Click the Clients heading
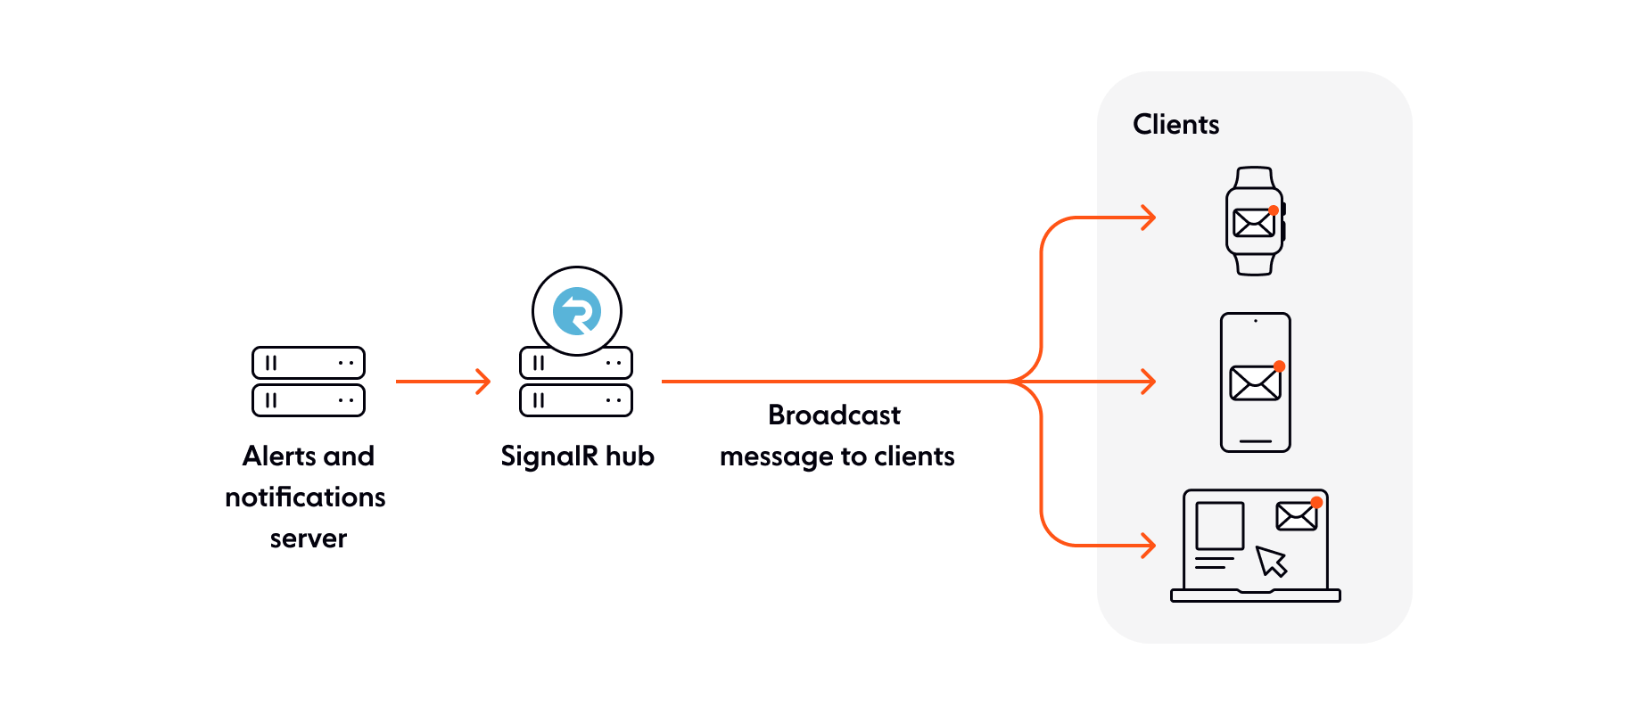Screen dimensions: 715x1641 pyautogui.click(x=1175, y=125)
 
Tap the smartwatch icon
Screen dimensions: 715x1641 pyautogui.click(x=1255, y=221)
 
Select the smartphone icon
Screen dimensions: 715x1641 pyautogui.click(x=1255, y=382)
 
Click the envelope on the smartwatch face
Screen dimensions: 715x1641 pyautogui.click(x=1253, y=223)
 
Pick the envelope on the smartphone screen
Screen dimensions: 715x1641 pyautogui.click(x=1255, y=383)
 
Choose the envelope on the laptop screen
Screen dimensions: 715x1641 pyautogui.click(x=1296, y=516)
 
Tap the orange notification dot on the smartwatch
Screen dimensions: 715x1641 pyautogui.click(x=1274, y=210)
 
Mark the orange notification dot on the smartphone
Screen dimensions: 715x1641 pyautogui.click(x=1279, y=366)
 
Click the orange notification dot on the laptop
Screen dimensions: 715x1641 pyautogui.click(x=1316, y=503)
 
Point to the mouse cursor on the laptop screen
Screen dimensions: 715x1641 pyautogui.click(x=1271, y=561)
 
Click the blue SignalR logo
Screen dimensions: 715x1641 pyautogui.click(x=577, y=311)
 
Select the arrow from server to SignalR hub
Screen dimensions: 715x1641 pyautogui.click(x=442, y=382)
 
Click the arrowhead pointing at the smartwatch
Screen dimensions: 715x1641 pyautogui.click(x=1150, y=218)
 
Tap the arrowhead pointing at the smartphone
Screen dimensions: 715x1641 pyautogui.click(x=1150, y=382)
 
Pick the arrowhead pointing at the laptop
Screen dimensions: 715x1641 pyautogui.click(x=1150, y=545)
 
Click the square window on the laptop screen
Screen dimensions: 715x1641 pyautogui.click(x=1219, y=526)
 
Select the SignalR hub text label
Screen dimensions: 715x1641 pyautogui.click(x=577, y=456)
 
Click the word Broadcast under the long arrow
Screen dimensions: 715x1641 pyautogui.click(x=834, y=415)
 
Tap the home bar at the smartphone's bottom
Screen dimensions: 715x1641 pyautogui.click(x=1255, y=441)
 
